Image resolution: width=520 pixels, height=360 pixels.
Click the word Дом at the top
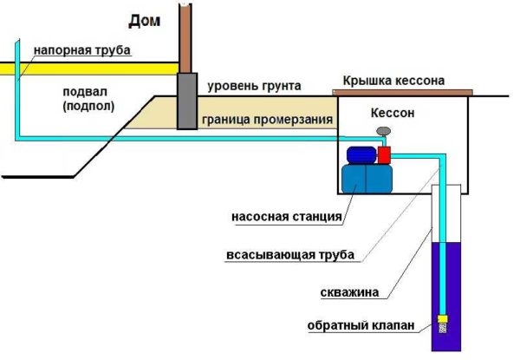click(145, 18)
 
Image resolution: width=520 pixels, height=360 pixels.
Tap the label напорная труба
click(82, 51)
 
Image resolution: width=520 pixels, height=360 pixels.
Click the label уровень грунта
click(254, 87)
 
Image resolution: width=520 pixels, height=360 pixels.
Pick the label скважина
click(348, 292)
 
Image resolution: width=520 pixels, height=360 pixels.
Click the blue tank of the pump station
click(365, 180)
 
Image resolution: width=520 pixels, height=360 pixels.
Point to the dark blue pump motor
click(360, 154)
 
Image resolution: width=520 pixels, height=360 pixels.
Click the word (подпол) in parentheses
click(84, 106)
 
